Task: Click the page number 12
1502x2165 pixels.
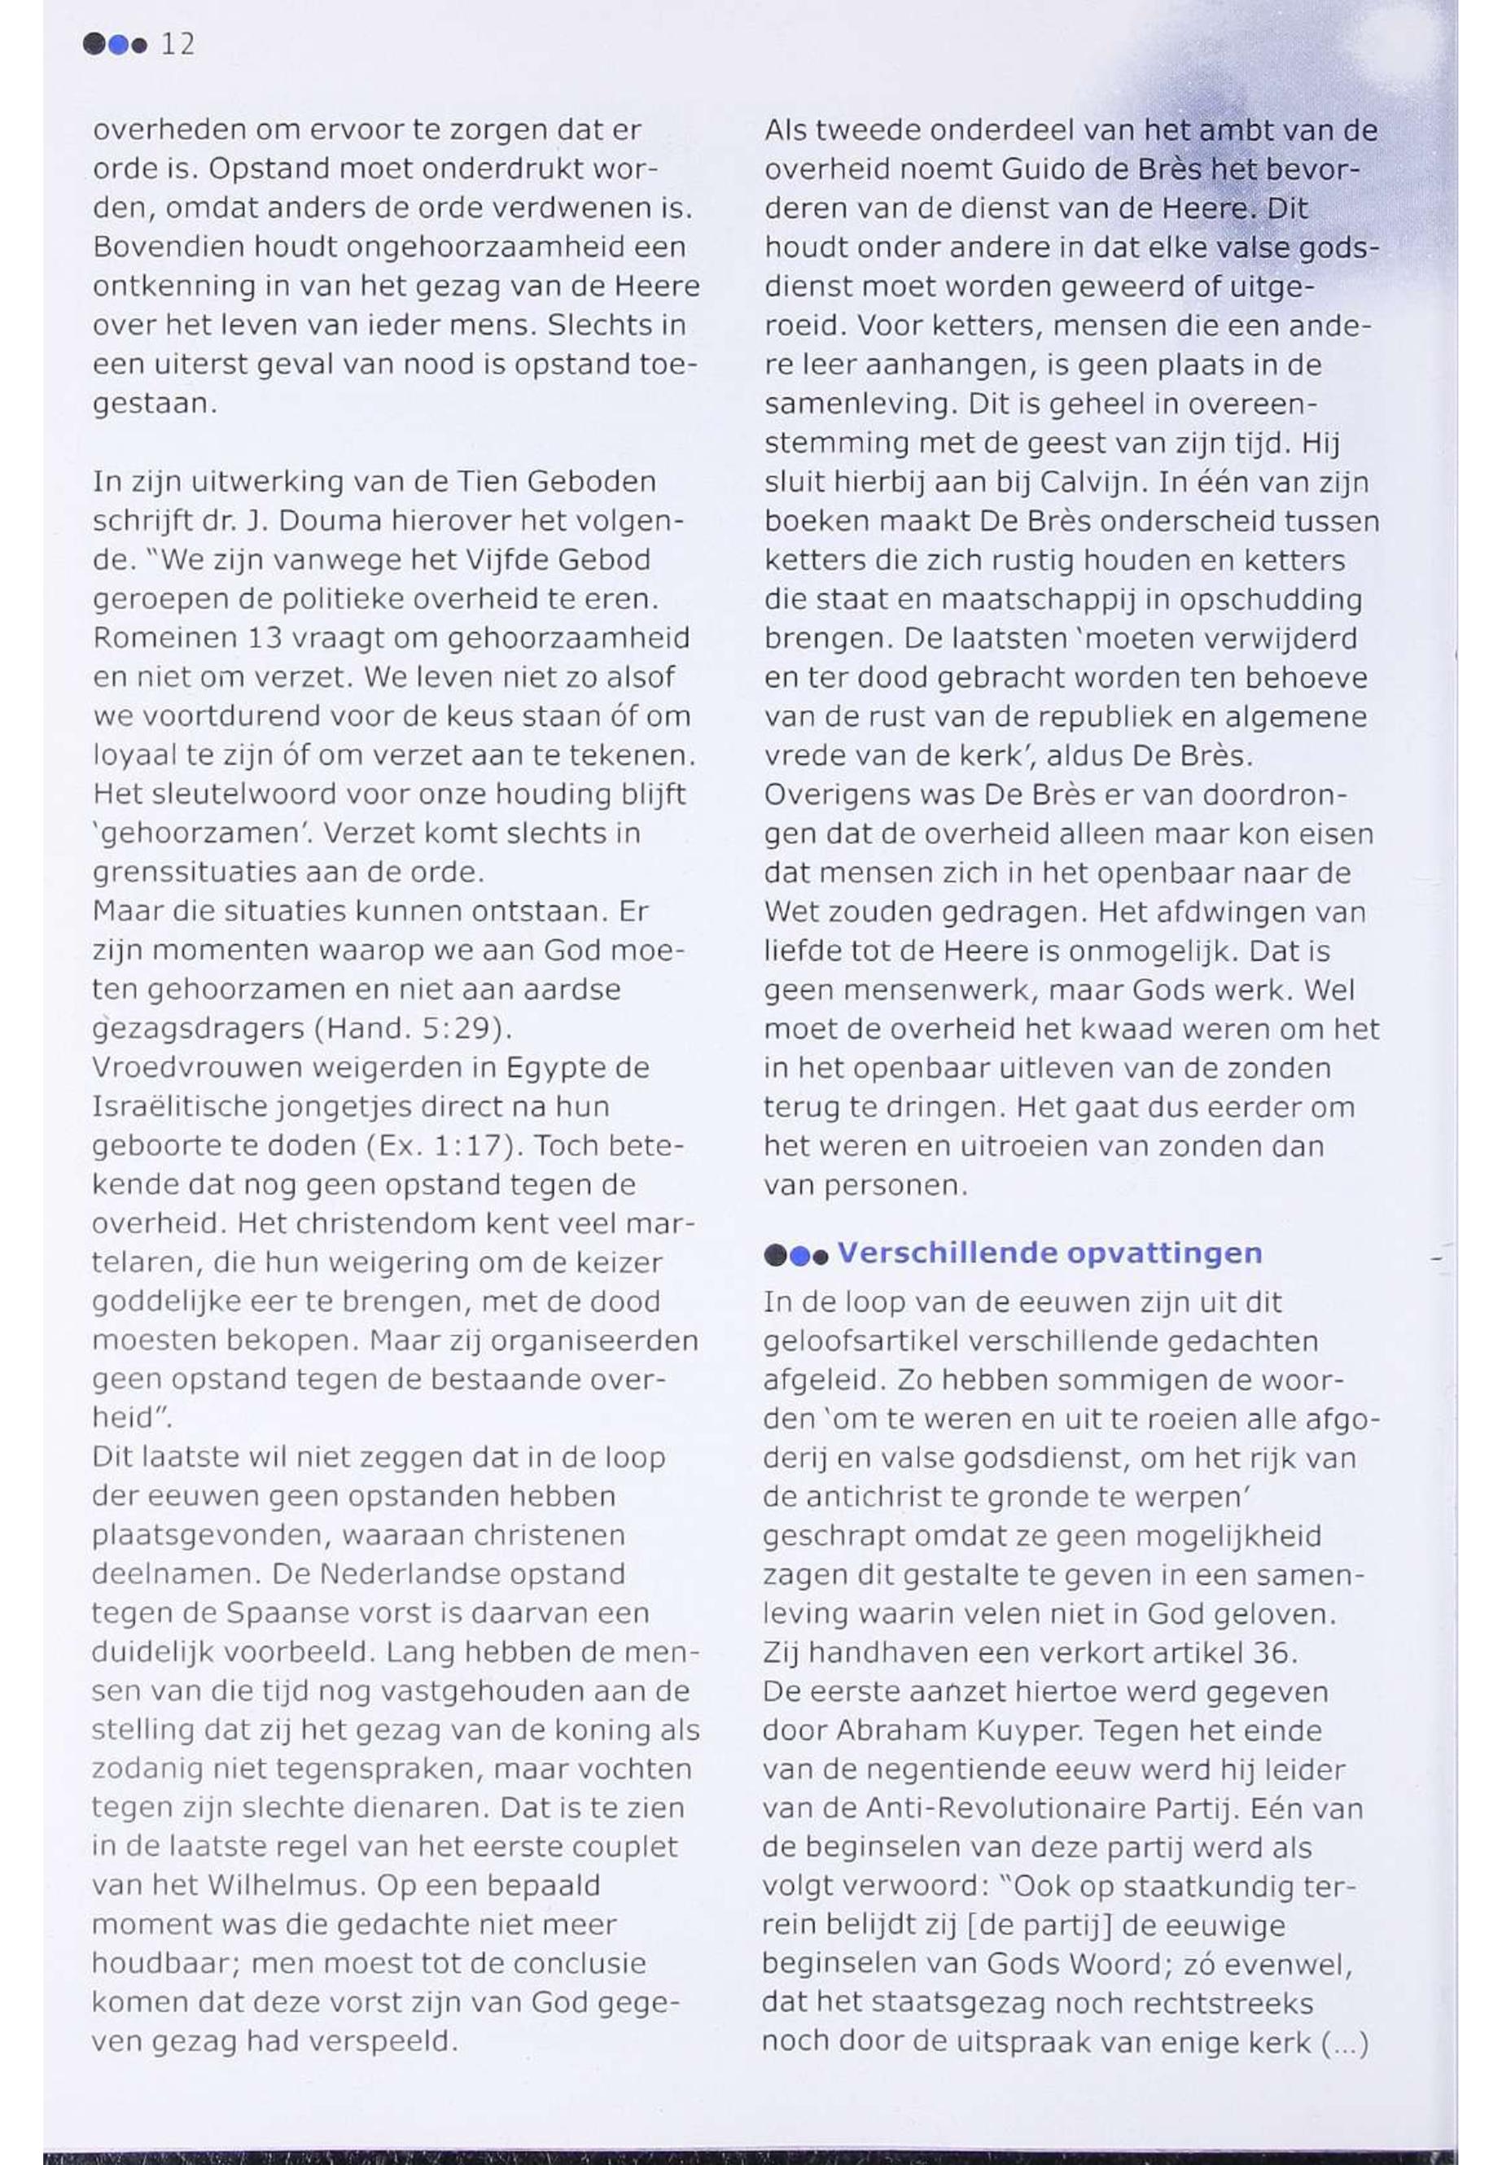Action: [177, 44]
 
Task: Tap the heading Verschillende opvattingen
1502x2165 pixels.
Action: [1049, 1253]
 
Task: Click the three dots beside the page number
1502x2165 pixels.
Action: [116, 44]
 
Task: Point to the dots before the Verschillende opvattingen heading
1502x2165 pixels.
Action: [795, 1255]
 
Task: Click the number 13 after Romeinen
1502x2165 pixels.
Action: [267, 638]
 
